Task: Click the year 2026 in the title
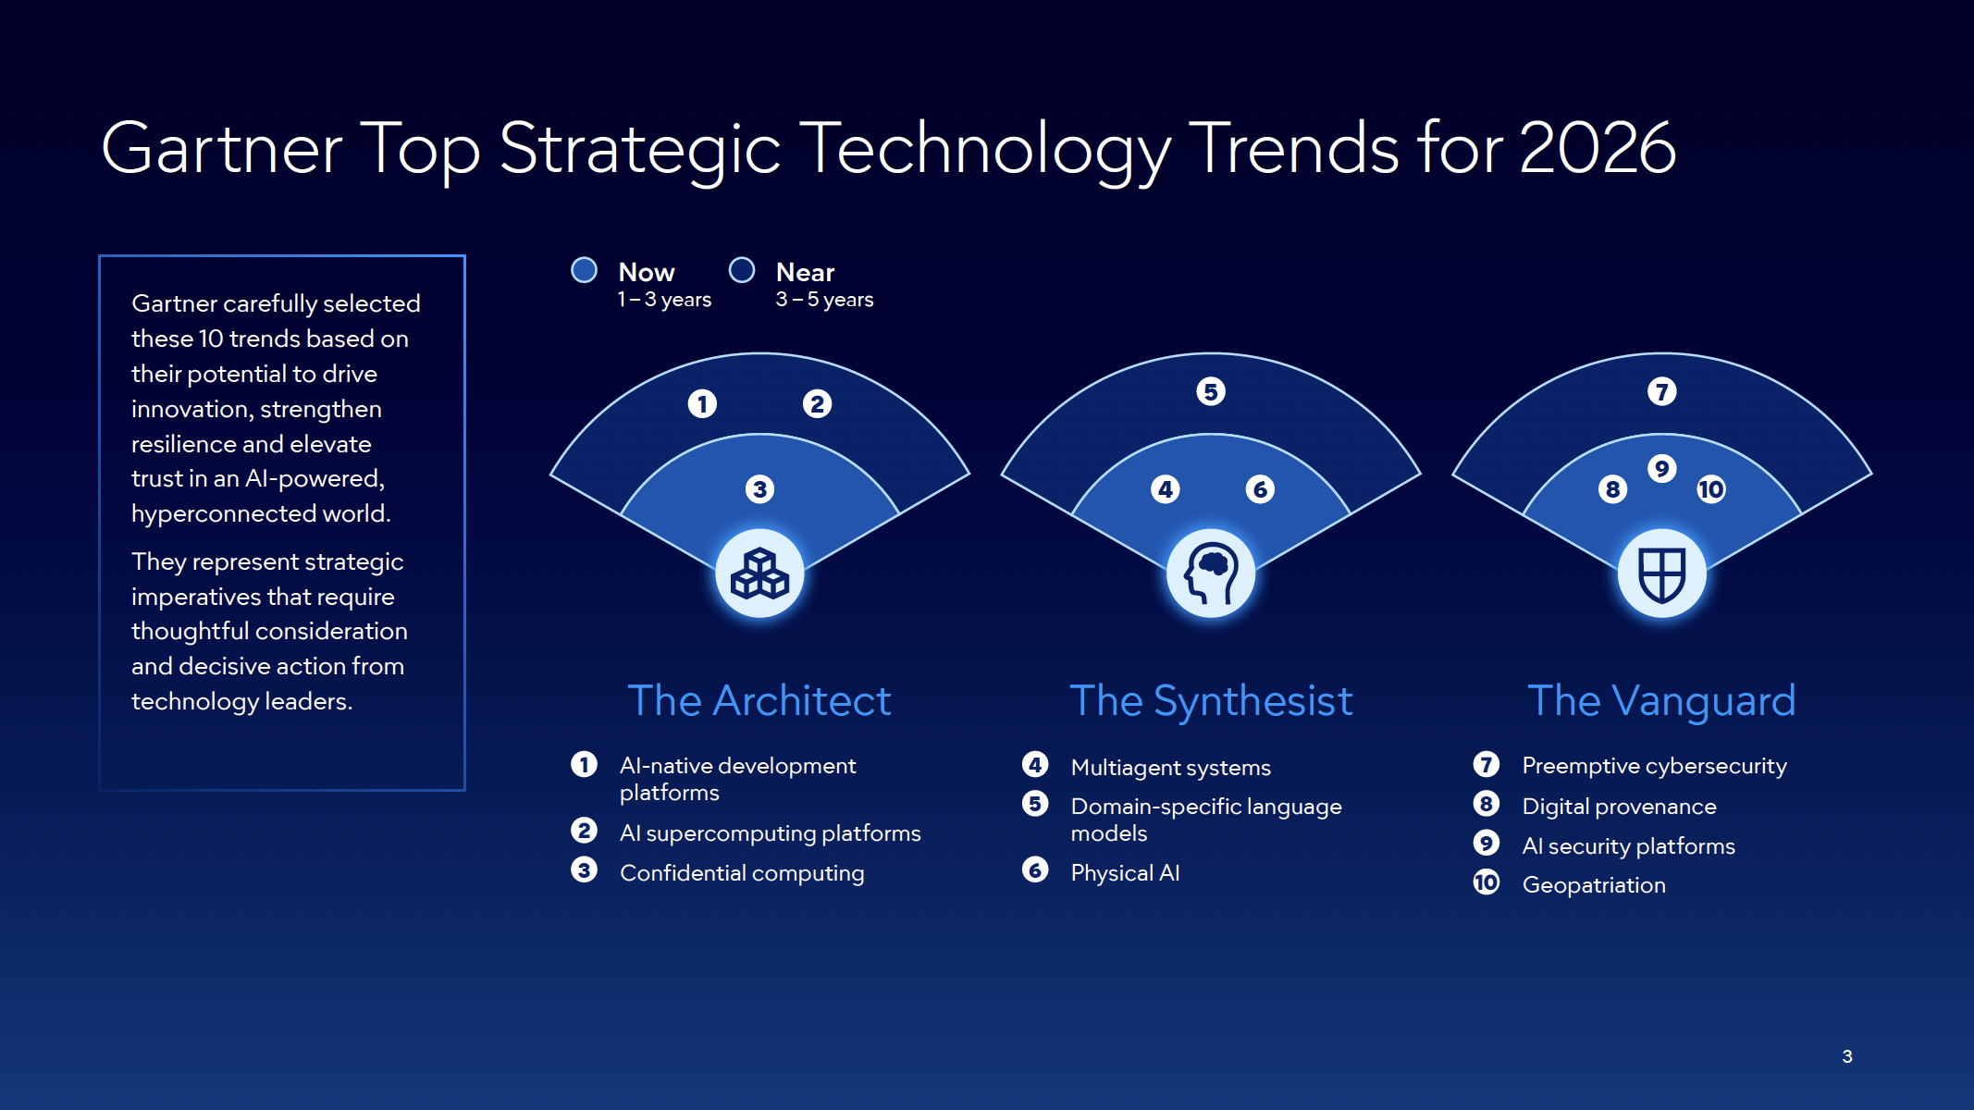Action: click(1597, 148)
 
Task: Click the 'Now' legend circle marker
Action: click(584, 270)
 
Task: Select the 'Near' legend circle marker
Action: click(742, 270)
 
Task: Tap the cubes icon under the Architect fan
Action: click(759, 573)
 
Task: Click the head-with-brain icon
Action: click(1211, 573)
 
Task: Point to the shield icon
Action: click(1662, 573)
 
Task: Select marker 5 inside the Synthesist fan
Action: click(1211, 391)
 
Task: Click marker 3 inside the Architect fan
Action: click(759, 489)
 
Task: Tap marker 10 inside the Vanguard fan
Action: click(1711, 489)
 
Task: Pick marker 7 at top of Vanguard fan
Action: click(1662, 391)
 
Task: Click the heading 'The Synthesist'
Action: click(1211, 700)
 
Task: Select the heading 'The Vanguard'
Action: click(1661, 700)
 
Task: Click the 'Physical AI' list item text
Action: click(1125, 872)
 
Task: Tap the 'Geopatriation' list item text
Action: click(1594, 885)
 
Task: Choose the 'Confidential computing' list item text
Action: click(742, 873)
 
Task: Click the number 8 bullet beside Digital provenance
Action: click(1487, 804)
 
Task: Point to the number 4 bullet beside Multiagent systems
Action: click(1035, 765)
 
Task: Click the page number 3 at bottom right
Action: click(1847, 1056)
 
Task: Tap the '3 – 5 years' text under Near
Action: click(824, 300)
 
